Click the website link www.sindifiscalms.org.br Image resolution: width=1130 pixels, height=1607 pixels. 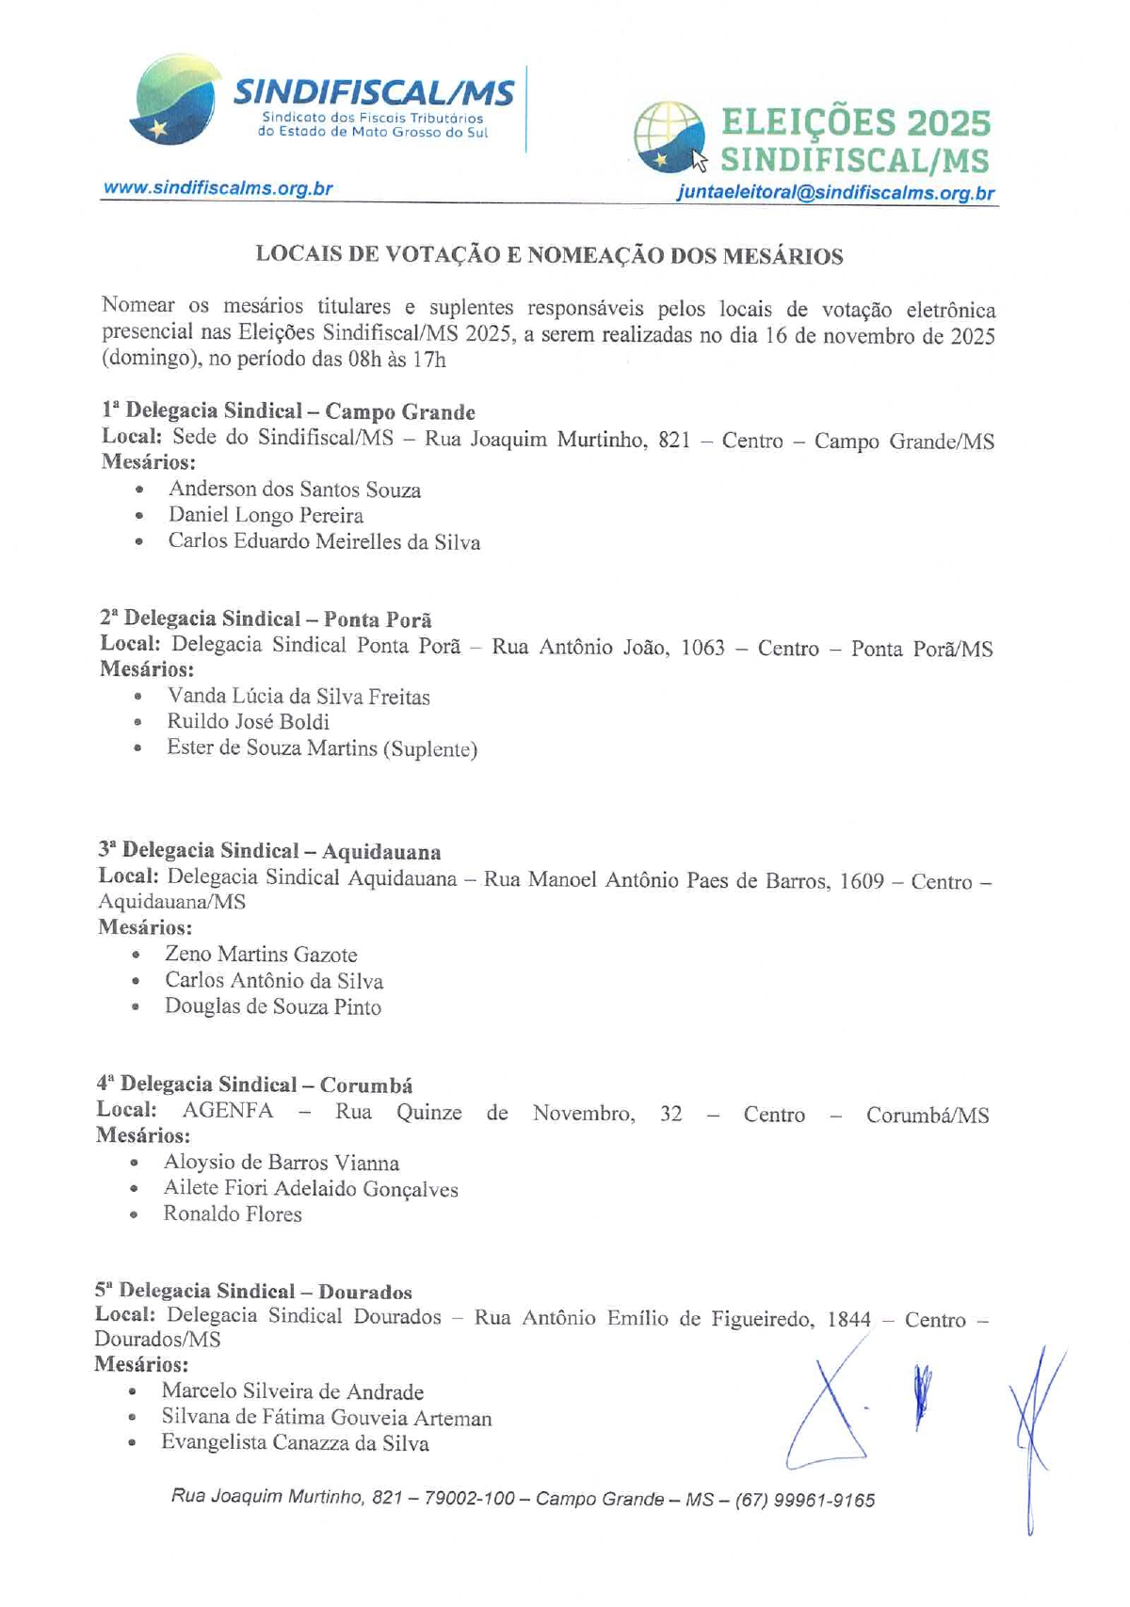tap(218, 188)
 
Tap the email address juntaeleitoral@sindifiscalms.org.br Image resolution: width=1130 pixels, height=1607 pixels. tap(835, 194)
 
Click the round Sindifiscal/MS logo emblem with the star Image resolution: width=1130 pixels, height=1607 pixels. tap(174, 102)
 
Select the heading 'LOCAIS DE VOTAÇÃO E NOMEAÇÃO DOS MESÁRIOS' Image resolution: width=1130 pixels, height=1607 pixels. tap(549, 256)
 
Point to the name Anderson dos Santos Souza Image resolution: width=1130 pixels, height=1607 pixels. tap(294, 490)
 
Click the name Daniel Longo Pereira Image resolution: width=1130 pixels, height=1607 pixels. tap(266, 516)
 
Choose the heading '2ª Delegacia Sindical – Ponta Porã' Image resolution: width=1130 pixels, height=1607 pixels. tap(266, 619)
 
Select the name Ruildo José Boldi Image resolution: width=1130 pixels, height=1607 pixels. tap(249, 722)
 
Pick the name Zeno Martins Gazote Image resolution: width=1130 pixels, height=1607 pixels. tap(261, 955)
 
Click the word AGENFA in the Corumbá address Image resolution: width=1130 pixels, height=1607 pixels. tap(228, 1111)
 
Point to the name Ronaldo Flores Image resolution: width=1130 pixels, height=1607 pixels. tap(233, 1214)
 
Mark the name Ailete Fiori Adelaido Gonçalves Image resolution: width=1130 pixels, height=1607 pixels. tap(311, 1189)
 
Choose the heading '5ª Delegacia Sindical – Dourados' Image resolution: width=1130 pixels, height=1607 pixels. tap(253, 1292)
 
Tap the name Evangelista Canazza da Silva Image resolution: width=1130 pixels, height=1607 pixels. tap(295, 1443)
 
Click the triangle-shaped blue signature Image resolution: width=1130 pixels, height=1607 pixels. tap(829, 1412)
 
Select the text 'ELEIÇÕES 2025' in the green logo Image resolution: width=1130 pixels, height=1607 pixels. tap(856, 122)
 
